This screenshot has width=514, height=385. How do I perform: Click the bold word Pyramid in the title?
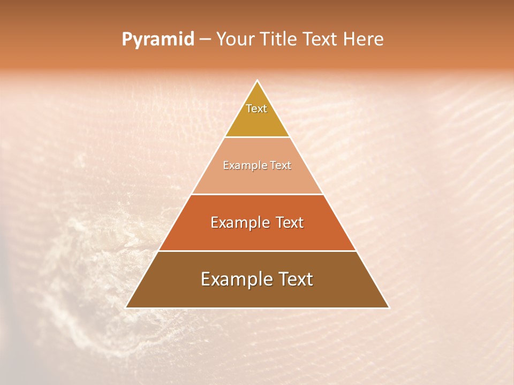(157, 39)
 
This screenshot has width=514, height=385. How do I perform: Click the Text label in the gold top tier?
(256, 109)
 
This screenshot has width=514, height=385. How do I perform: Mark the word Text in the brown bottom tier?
(295, 279)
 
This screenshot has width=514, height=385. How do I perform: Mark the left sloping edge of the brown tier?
(142, 279)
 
